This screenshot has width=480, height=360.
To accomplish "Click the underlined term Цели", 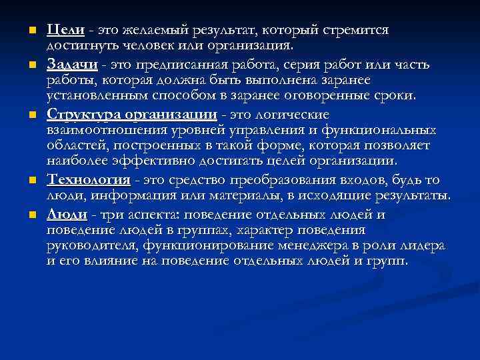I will (65, 31).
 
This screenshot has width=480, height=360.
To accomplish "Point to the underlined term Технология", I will (88, 180).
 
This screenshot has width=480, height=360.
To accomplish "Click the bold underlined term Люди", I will (66, 215).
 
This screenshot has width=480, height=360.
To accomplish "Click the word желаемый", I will (160, 31).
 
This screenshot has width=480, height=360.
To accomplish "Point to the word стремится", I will (355, 31).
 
